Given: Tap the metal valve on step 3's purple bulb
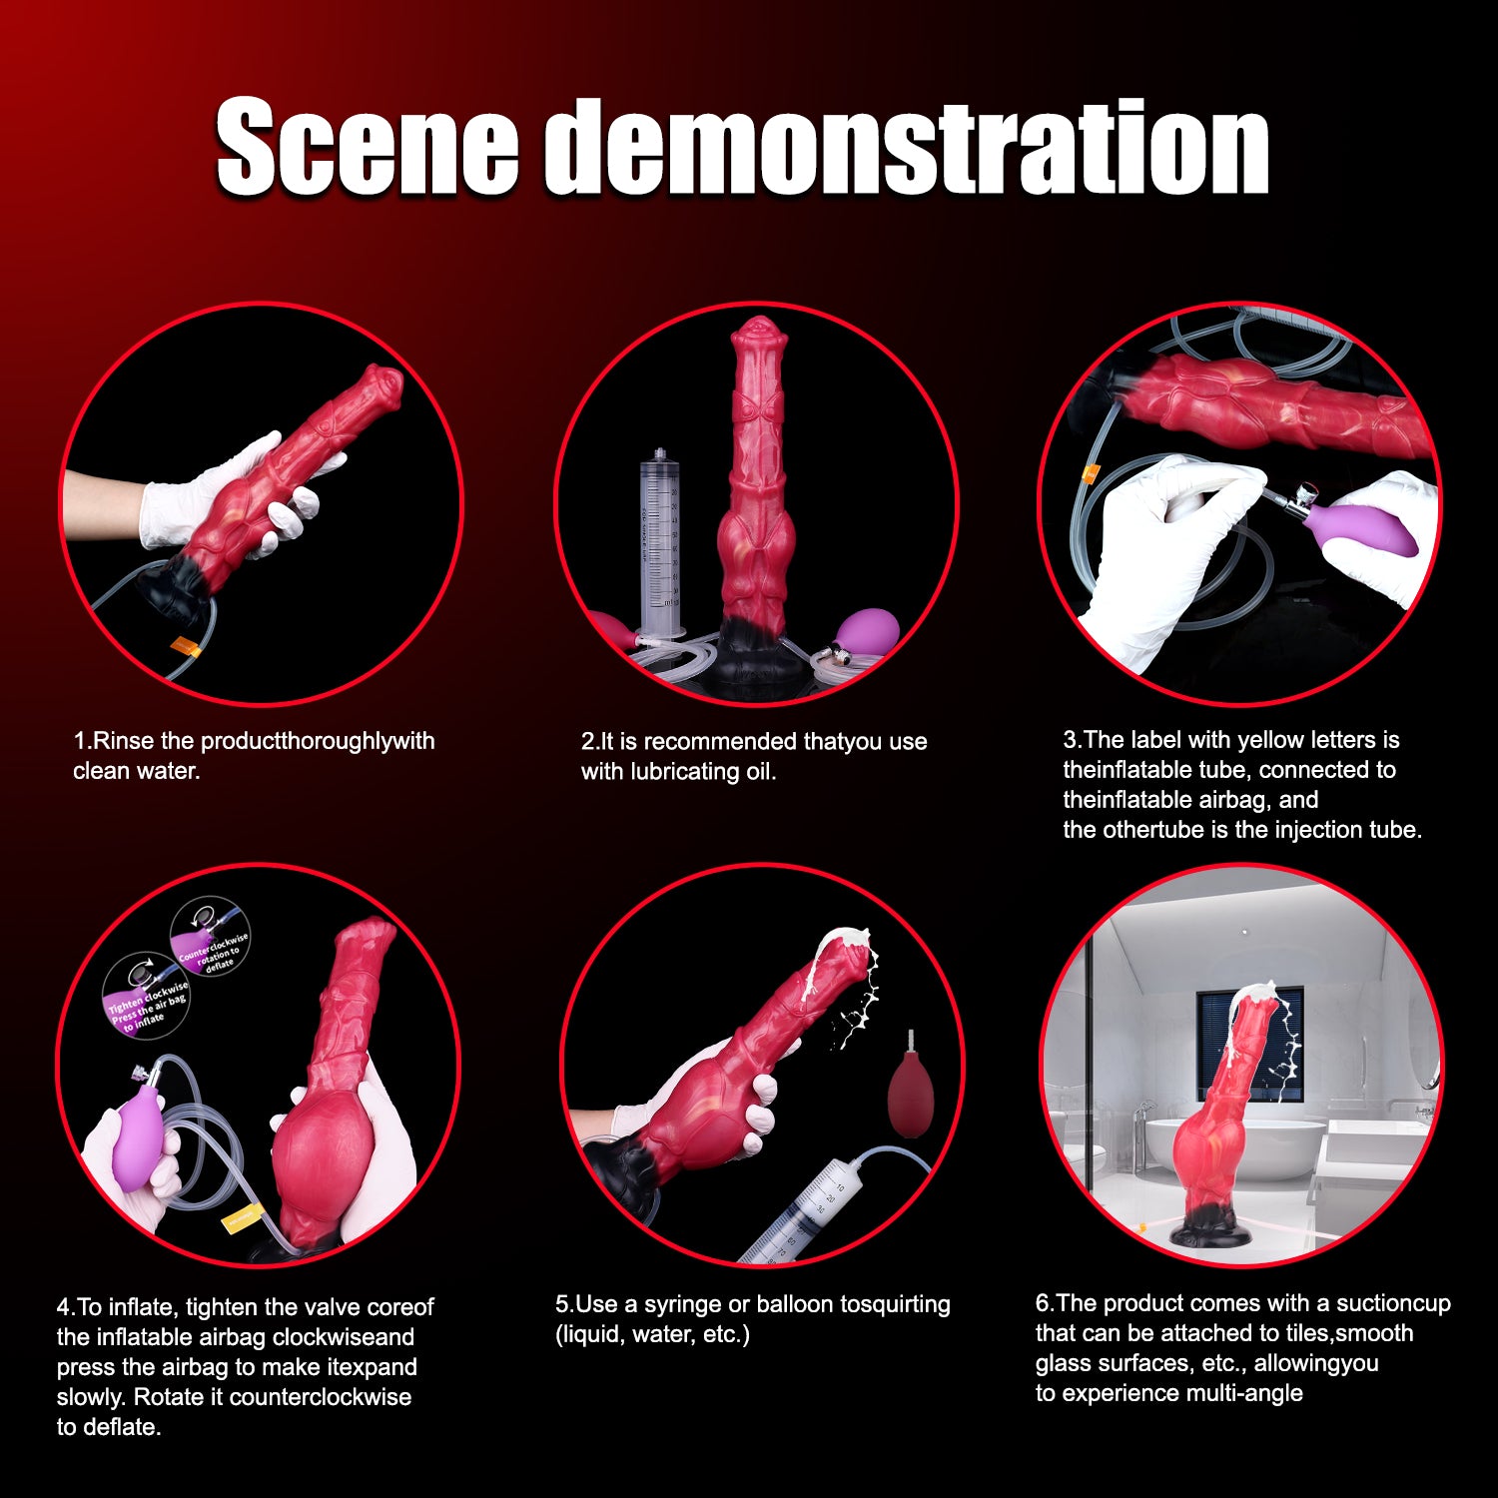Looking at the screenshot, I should tap(1303, 496).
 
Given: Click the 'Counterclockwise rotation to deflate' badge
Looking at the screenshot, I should tap(210, 939).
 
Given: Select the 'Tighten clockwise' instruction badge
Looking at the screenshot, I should tap(147, 996).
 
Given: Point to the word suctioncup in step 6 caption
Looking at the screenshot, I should tap(1393, 1303).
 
